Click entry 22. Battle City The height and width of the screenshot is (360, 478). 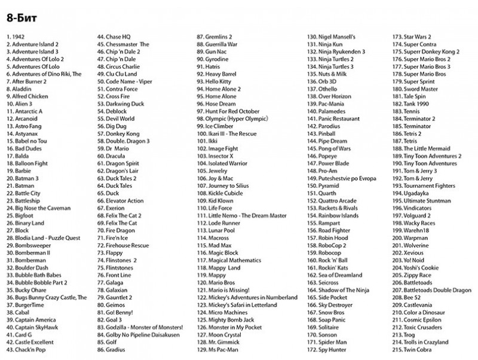pyautogui.click(x=24, y=193)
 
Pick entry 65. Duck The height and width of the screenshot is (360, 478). pyautogui.click(x=109, y=193)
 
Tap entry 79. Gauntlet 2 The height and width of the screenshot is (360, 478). pyautogui.click(x=115, y=297)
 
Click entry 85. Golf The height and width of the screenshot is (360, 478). pyautogui.click(x=108, y=341)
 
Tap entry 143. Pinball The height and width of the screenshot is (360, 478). pyautogui.click(x=323, y=133)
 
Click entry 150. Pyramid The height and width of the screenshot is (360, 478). pyautogui.click(x=323, y=186)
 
